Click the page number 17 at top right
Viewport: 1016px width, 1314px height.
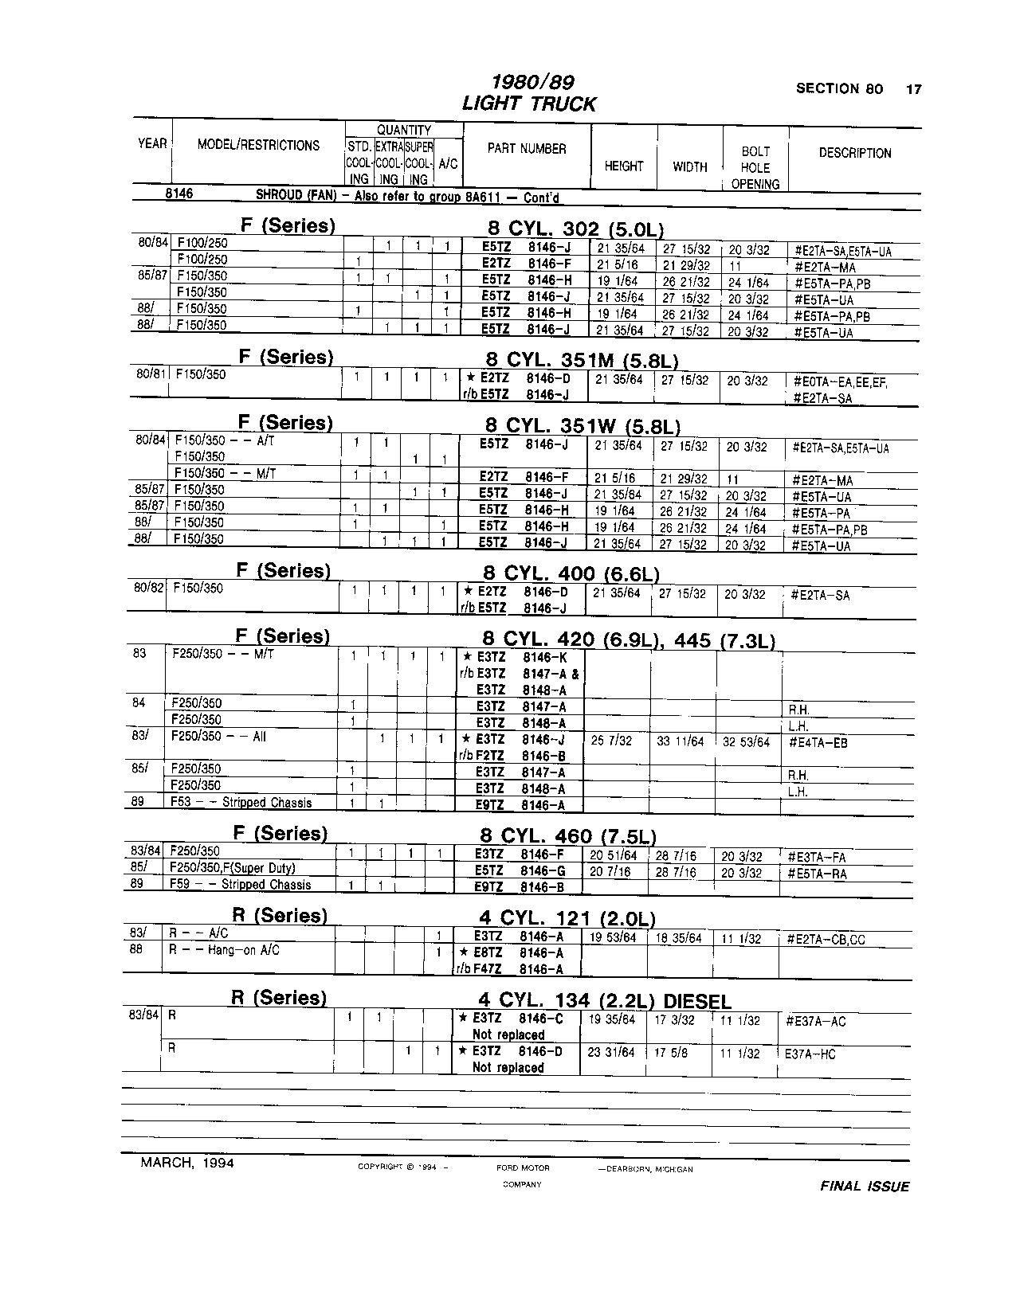[913, 89]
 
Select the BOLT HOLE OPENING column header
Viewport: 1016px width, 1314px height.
[755, 167]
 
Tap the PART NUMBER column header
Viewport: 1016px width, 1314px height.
[527, 149]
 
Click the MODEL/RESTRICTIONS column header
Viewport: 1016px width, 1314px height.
[258, 145]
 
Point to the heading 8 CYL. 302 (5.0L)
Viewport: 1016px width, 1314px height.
[575, 229]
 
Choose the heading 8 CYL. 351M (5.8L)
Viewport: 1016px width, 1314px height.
[582, 361]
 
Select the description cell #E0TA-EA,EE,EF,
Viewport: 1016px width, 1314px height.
[841, 382]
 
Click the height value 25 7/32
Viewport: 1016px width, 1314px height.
[611, 741]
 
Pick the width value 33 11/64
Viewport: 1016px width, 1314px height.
[680, 741]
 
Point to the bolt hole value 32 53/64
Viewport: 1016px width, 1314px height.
[747, 742]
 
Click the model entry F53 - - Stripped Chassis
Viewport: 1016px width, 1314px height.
[241, 803]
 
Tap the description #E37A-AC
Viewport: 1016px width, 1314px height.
[815, 1022]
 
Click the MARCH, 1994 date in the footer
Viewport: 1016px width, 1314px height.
[187, 1163]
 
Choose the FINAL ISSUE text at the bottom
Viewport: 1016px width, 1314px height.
[865, 1187]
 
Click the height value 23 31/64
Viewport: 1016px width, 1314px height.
[611, 1052]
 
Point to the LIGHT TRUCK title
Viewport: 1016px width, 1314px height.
[528, 104]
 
